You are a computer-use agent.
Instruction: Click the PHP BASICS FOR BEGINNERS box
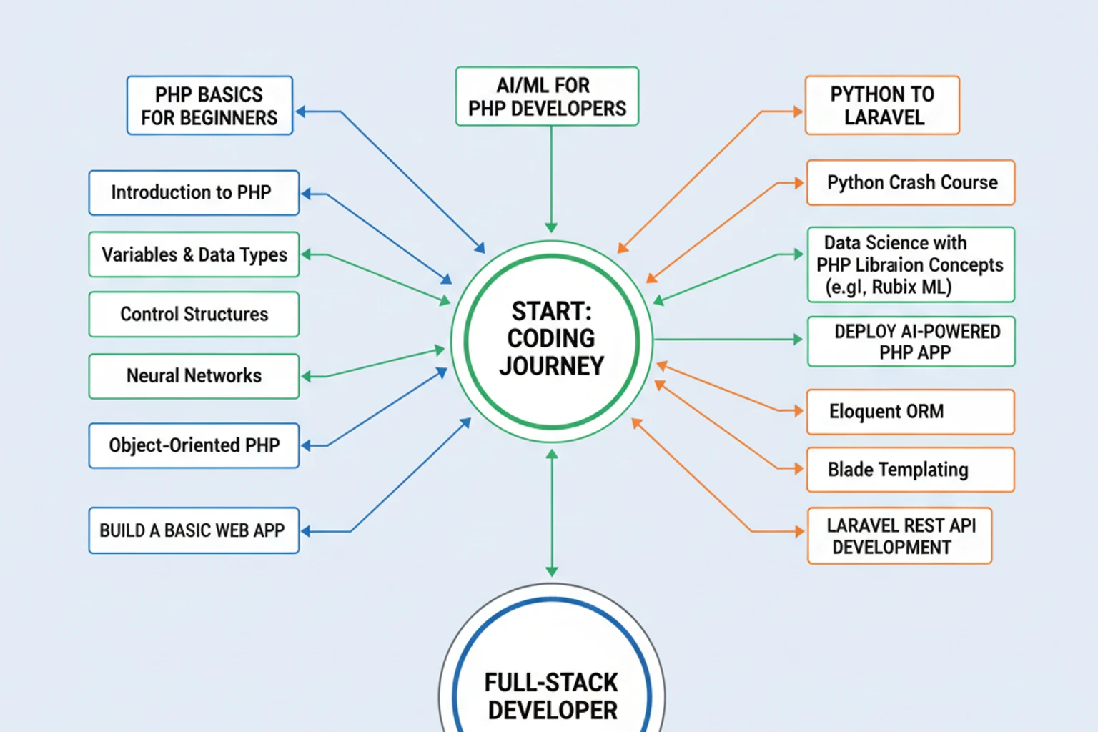pos(209,106)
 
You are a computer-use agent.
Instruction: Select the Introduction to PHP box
pos(194,193)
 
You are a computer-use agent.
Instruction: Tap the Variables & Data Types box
pos(194,254)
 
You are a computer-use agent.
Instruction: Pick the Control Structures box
pos(194,315)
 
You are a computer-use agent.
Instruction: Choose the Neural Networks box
pos(194,376)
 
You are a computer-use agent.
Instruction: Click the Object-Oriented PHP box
pos(194,445)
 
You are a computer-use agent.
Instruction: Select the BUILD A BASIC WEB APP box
pos(194,530)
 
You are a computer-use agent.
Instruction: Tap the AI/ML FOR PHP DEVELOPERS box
pos(547,97)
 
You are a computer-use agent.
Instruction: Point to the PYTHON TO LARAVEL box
pos(882,106)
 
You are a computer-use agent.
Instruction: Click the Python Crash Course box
pos(911,183)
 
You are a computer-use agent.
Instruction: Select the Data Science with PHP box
pos(911,264)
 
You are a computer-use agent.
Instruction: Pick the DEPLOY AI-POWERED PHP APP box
pos(911,342)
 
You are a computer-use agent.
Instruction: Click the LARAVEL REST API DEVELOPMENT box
pos(899,536)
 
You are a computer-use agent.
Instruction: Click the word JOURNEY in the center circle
pos(551,366)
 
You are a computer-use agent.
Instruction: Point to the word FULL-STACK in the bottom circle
pos(551,683)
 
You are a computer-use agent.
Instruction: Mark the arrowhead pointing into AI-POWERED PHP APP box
pos(798,340)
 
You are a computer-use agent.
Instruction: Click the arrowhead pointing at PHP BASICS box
pos(301,112)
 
